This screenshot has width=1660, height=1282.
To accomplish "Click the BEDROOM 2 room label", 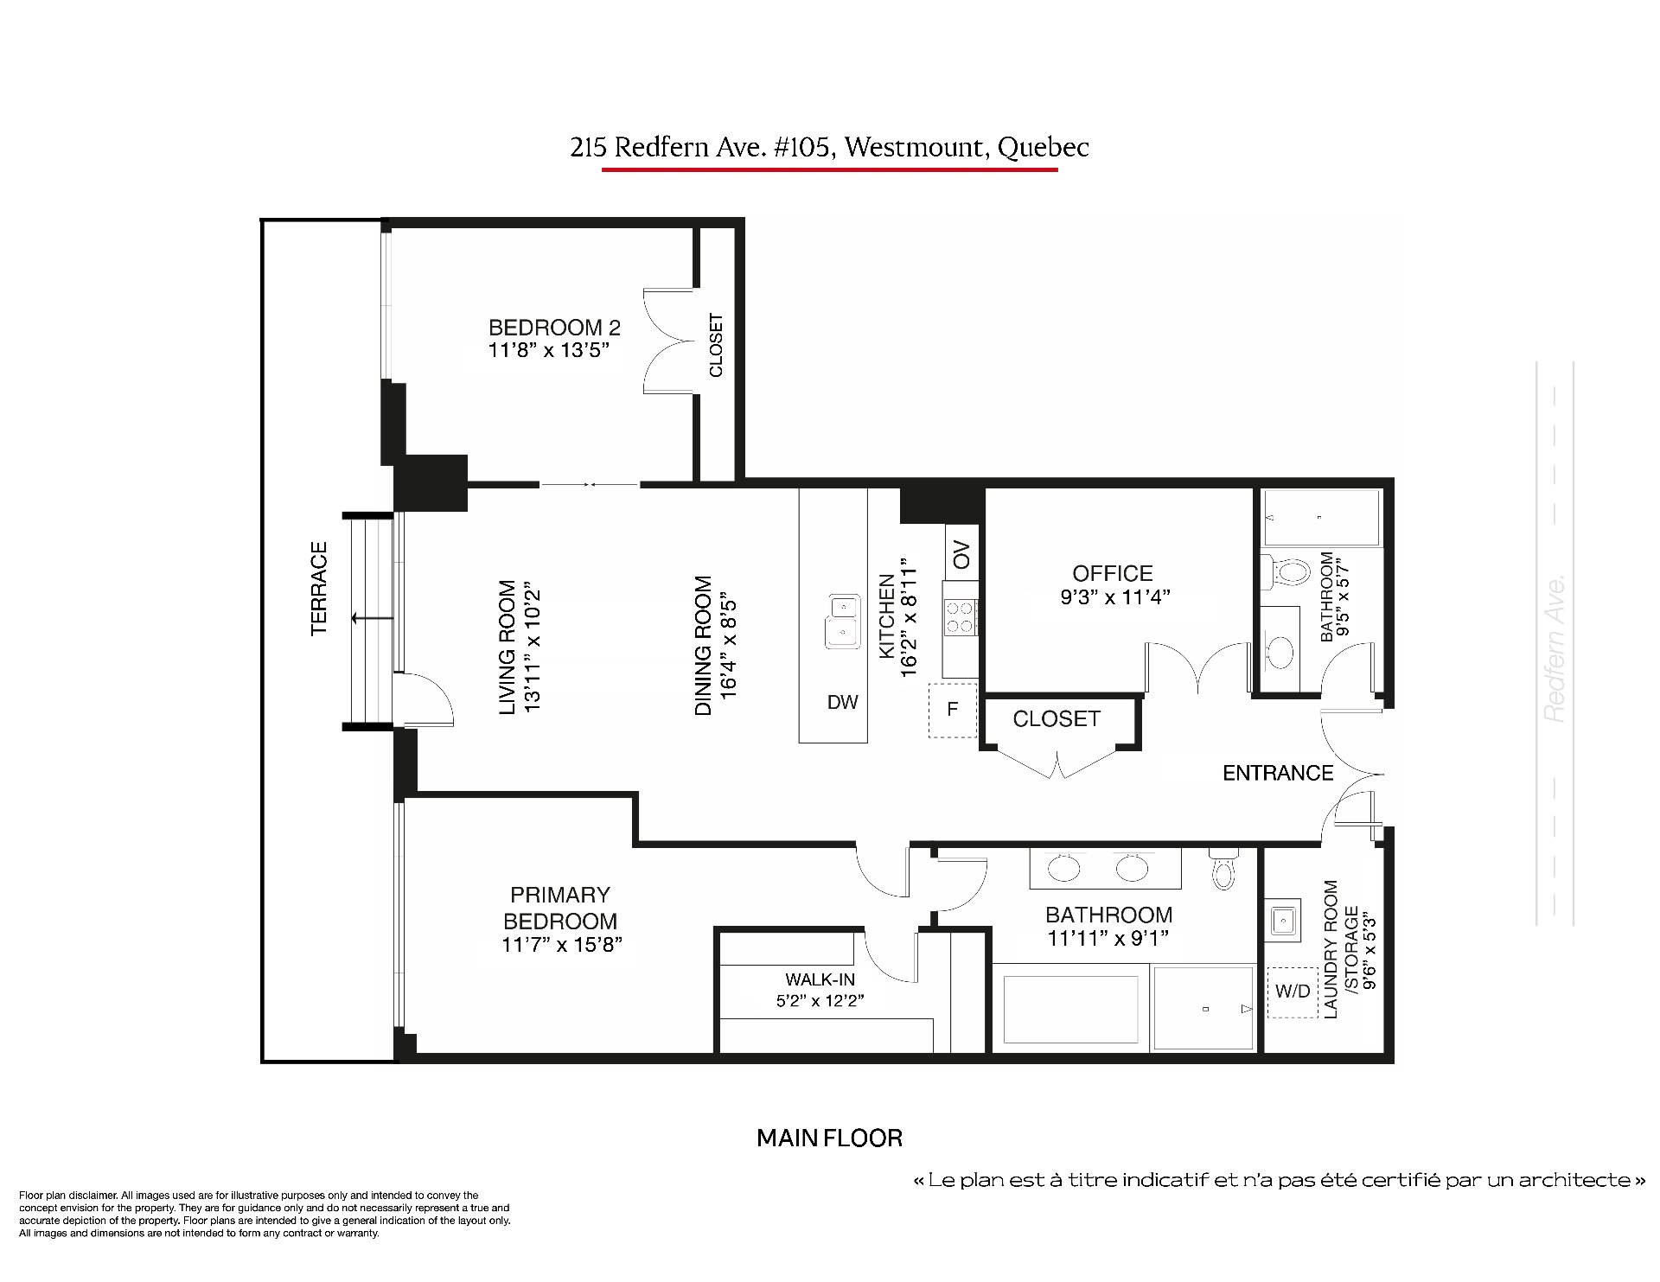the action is [554, 328].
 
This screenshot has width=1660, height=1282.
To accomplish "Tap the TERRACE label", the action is [319, 589].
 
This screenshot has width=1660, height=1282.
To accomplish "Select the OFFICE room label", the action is [1113, 573].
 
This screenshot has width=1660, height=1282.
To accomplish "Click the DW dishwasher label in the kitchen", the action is [842, 702].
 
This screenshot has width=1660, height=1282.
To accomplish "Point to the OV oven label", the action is [962, 554].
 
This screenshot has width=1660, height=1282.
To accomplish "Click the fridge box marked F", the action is [952, 710].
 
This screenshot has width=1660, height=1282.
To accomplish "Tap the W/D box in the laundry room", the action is [1293, 992].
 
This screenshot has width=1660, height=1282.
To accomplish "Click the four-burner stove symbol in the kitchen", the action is [960, 617].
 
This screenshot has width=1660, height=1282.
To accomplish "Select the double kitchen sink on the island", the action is [841, 621].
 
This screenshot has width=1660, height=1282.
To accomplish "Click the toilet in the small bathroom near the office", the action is [1286, 571].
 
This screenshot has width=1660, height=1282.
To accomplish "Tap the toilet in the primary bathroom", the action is [1222, 868].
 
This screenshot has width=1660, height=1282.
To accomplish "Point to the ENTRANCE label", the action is [1278, 773].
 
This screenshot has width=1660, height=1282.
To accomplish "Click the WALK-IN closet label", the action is [820, 979].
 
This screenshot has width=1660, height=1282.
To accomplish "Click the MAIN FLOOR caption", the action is [829, 1138].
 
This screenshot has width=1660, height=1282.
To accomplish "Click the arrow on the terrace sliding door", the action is [373, 618].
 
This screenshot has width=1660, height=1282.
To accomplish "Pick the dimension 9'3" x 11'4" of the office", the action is [1115, 596].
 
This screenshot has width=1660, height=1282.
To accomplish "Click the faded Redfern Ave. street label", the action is [1555, 649].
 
